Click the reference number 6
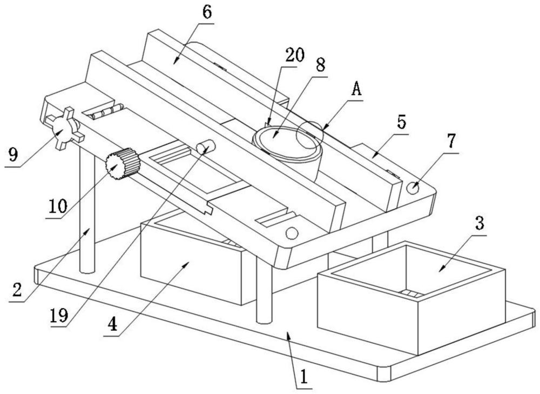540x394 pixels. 207,12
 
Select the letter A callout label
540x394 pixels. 356,89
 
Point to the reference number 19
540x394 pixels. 59,315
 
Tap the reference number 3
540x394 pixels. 480,223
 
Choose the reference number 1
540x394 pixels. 303,377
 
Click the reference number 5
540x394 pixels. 401,122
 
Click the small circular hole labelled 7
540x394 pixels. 413,188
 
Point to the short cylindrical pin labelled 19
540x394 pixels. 206,146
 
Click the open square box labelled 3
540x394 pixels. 411,298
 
